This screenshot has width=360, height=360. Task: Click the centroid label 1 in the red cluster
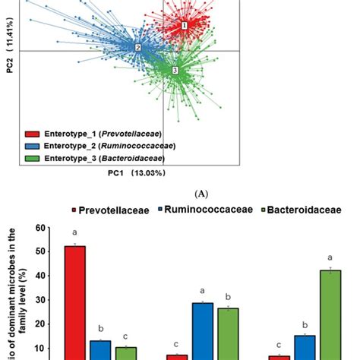pyautogui.click(x=184, y=26)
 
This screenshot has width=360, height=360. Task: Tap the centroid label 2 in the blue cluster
pyautogui.click(x=137, y=48)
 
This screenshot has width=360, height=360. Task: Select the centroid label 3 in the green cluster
pyautogui.click(x=175, y=71)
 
